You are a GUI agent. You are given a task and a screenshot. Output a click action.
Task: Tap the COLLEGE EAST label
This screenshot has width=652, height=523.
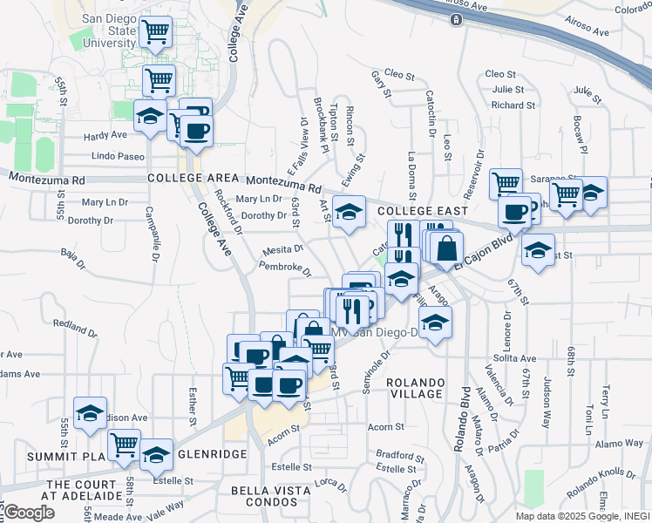point(423,211)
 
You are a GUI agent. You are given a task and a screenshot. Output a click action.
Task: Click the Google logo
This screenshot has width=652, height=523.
point(29,513)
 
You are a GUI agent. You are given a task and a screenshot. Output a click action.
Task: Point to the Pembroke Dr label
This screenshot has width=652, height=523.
point(285,268)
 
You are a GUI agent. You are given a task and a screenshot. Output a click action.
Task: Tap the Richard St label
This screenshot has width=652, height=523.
point(506,105)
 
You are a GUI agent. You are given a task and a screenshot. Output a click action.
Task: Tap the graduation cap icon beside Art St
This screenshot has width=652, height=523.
point(349,212)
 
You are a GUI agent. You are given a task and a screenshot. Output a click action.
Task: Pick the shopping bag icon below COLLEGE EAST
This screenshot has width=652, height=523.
point(446,248)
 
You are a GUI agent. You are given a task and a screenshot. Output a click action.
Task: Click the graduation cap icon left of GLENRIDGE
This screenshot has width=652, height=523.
point(156,454)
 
